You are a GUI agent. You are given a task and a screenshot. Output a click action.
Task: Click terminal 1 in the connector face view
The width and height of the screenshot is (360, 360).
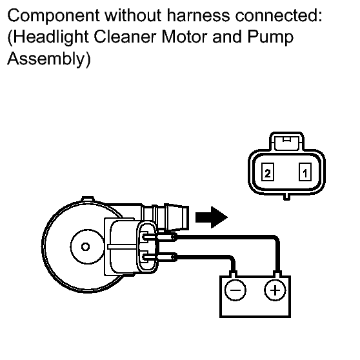(305, 172)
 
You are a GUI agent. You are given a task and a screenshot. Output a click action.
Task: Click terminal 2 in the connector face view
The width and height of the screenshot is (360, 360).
(268, 172)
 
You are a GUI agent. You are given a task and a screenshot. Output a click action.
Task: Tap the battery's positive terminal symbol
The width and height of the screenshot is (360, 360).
(275, 290)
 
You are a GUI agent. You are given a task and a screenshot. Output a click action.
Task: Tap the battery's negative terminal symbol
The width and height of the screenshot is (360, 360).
(235, 290)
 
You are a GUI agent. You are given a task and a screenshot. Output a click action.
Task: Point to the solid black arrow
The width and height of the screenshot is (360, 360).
(211, 217)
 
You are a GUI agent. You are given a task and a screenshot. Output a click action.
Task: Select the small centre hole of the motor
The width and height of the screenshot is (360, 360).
(85, 247)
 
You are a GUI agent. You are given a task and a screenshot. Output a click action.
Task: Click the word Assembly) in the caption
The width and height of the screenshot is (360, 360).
(49, 59)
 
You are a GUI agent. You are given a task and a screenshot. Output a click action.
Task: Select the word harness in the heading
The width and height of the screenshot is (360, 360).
(198, 15)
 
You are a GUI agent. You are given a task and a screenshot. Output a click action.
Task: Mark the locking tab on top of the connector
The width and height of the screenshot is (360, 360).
(286, 141)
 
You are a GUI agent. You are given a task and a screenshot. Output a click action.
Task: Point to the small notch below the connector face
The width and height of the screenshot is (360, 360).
(286, 197)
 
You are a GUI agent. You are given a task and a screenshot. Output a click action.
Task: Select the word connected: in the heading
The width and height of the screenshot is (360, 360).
(279, 15)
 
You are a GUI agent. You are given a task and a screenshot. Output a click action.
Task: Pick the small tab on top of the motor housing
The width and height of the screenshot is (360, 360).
(88, 199)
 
